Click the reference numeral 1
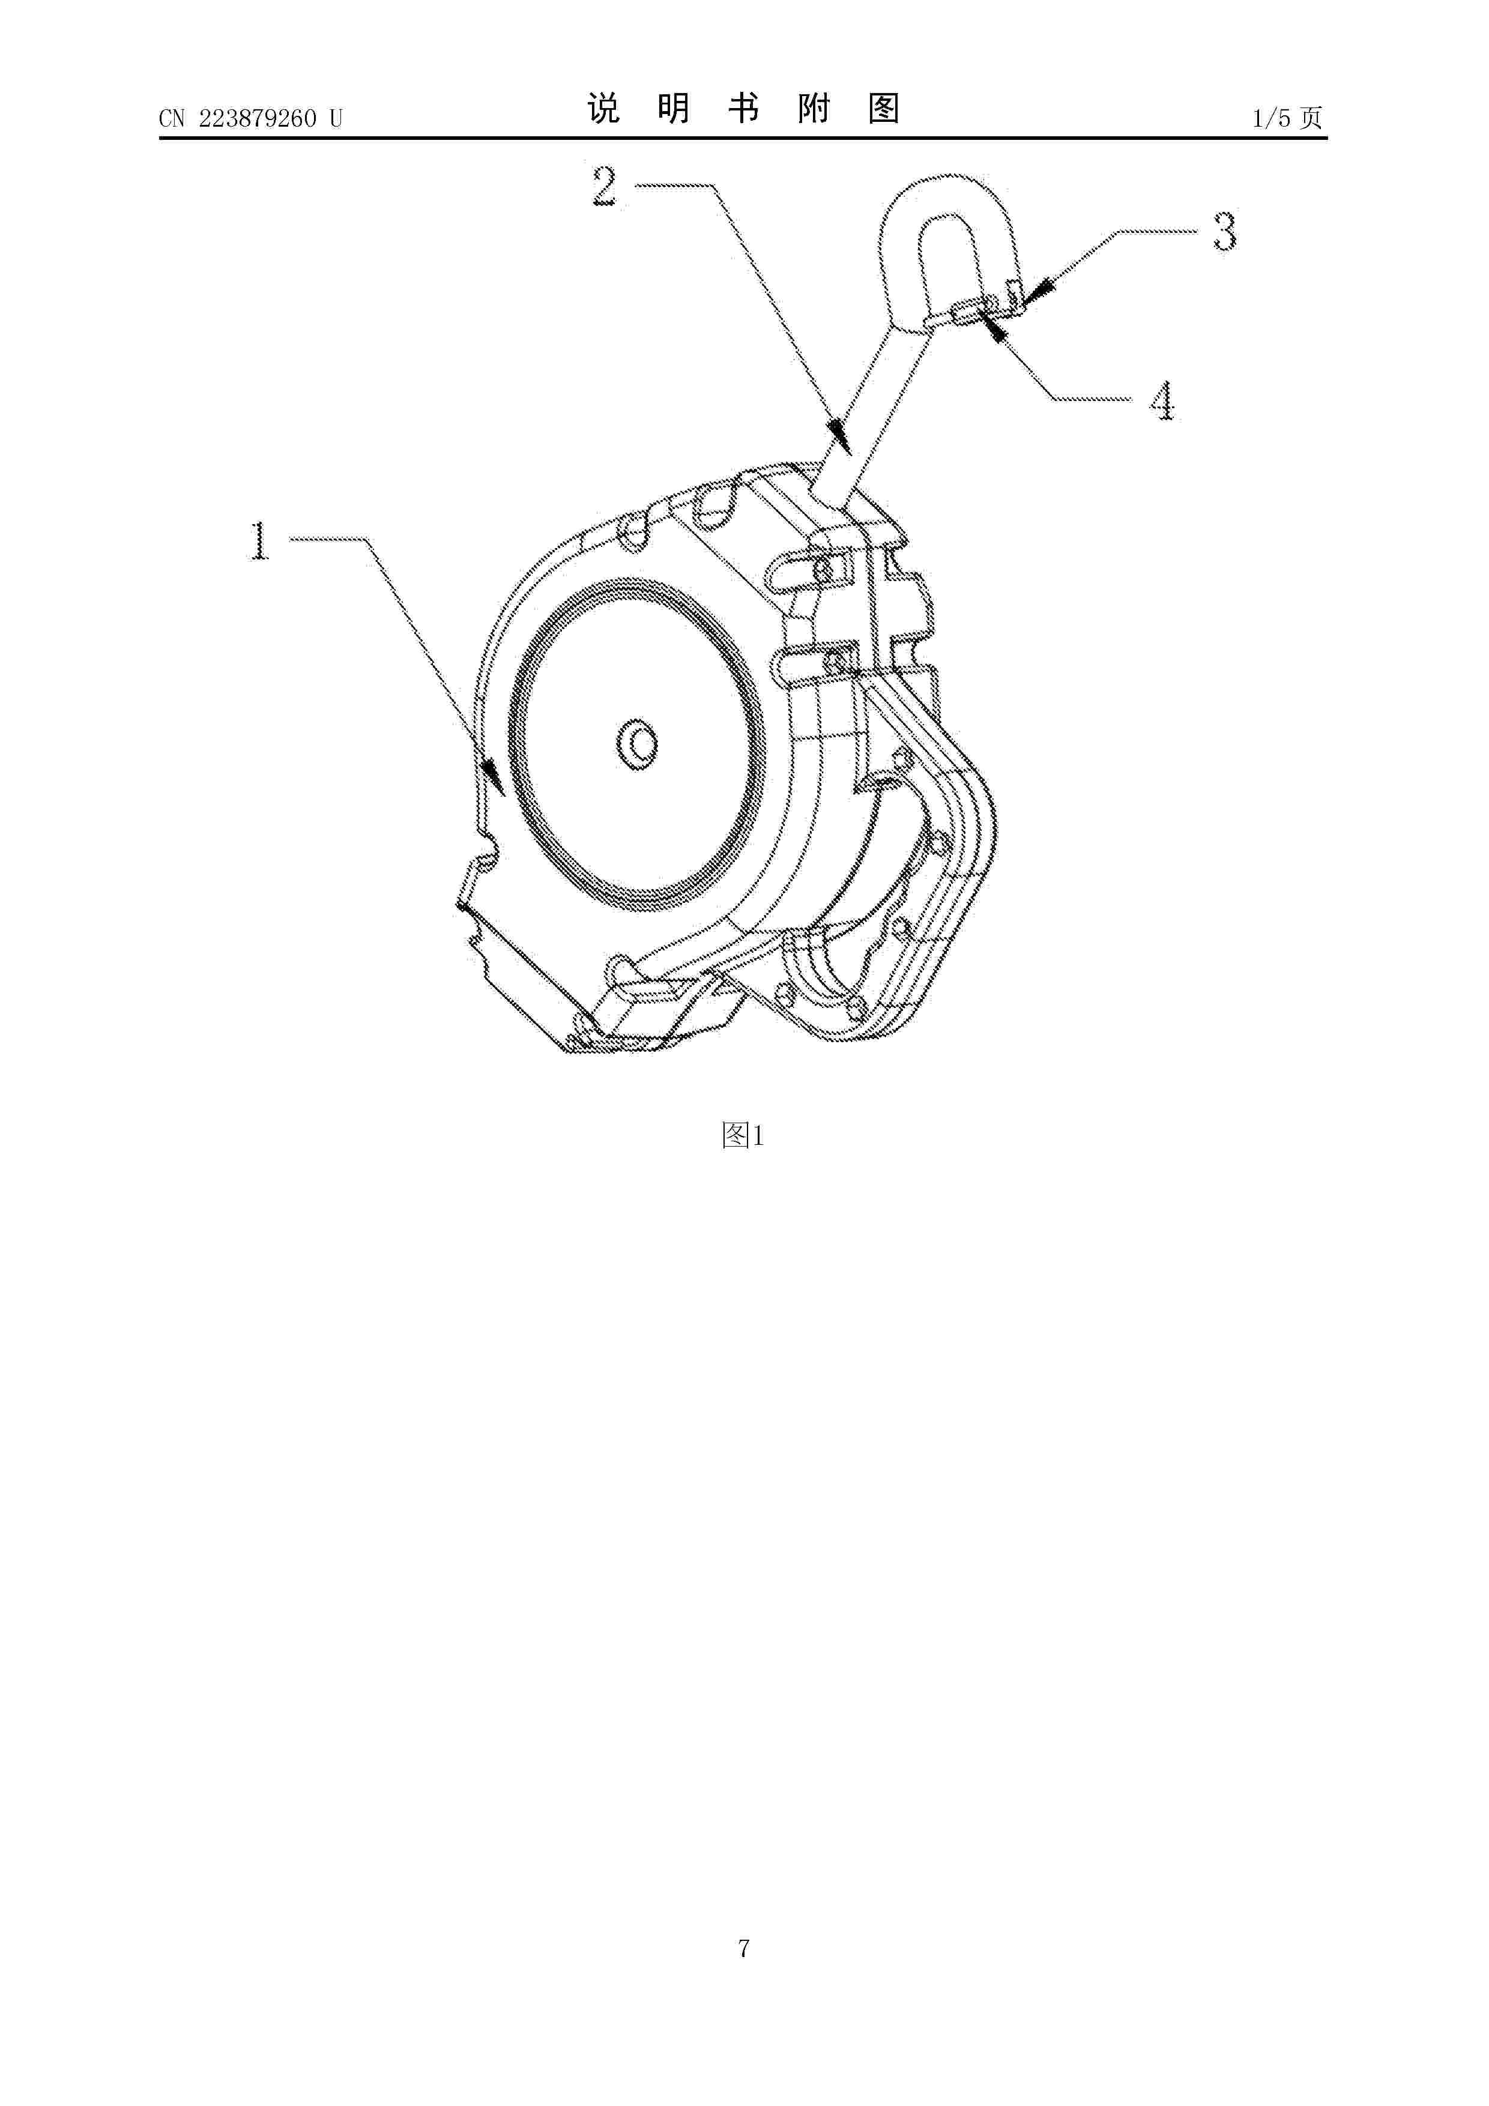[261, 540]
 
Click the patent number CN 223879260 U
[250, 118]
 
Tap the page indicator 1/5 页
[1288, 118]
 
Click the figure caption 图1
[743, 1136]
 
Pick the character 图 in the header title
[883, 109]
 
